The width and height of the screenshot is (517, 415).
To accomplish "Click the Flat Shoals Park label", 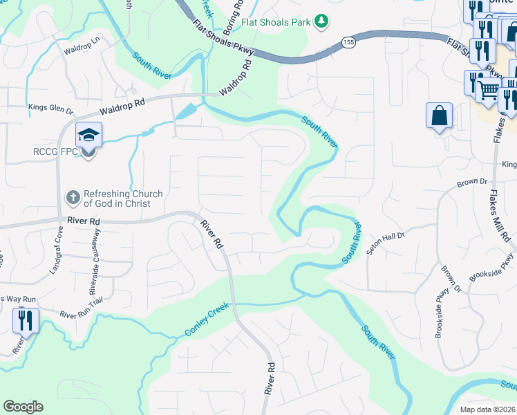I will pyautogui.click(x=276, y=22).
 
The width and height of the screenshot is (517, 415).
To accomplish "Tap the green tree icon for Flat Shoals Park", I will pyautogui.click(x=320, y=22).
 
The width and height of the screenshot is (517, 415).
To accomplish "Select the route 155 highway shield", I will pyautogui.click(x=350, y=43).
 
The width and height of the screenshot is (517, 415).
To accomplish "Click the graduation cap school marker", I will pyautogui.click(x=88, y=135).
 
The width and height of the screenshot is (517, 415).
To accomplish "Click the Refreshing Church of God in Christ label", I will pyautogui.click(x=123, y=199).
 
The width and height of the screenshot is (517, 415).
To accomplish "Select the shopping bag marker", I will pyautogui.click(x=440, y=116).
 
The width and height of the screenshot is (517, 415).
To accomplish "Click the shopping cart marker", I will pyautogui.click(x=489, y=89).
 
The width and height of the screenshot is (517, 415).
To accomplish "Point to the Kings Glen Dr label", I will pyautogui.click(x=50, y=109).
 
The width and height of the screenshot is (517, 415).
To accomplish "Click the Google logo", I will pyautogui.click(x=23, y=407).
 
